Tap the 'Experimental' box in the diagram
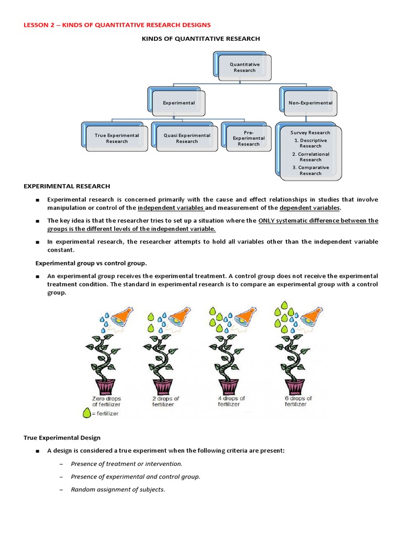click(178, 103)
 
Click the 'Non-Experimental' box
click(310, 103)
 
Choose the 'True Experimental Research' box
click(117, 138)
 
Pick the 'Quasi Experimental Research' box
click(187, 138)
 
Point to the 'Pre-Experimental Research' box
click(249, 138)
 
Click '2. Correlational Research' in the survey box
click(310, 157)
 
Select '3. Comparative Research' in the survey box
click(310, 171)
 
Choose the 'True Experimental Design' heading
click(62, 438)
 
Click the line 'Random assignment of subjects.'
click(118, 489)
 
